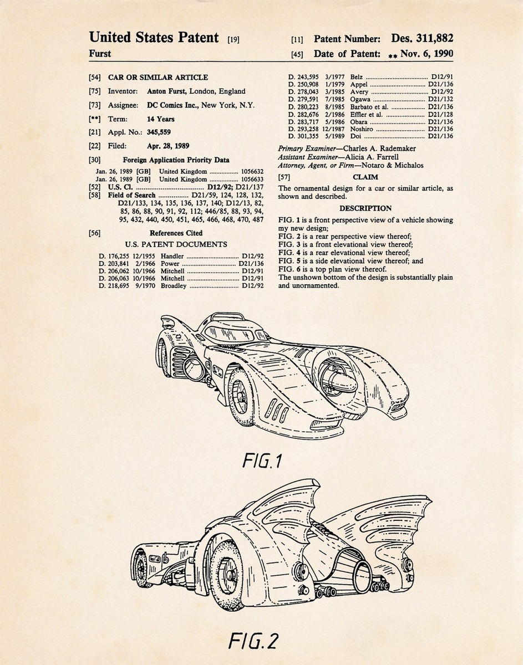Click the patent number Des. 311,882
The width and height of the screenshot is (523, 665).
pos(422,38)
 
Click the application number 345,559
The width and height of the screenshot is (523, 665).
pos(159,132)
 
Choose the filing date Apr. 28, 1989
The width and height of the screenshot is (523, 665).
pos(167,146)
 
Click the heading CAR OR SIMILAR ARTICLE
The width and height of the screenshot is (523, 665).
pos(158,78)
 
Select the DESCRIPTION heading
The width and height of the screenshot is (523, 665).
pos(365,209)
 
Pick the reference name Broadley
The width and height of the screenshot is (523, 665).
pos(174,285)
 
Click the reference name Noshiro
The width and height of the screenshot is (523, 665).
pos(363,129)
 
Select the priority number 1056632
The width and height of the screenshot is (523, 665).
pos(252,172)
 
